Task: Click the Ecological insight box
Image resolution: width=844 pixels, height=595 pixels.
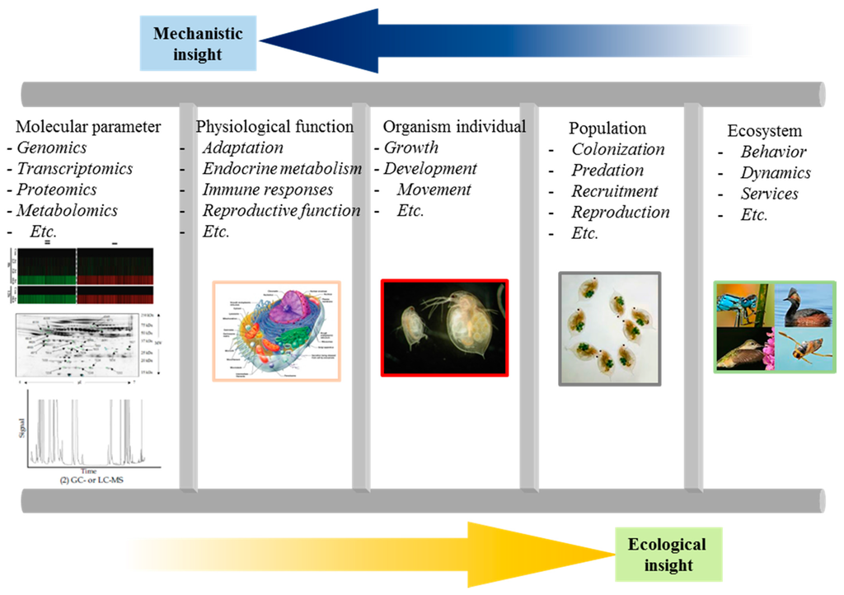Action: click(667, 555)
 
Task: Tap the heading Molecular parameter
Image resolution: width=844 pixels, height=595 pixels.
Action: click(89, 127)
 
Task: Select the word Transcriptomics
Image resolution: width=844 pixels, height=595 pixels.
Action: click(75, 168)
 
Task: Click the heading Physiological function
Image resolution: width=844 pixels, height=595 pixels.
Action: click(274, 127)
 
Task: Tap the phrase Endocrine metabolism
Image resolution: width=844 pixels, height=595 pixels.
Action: click(282, 168)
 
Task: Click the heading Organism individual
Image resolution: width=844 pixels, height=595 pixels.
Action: click(454, 127)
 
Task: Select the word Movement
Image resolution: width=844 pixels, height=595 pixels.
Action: click(434, 190)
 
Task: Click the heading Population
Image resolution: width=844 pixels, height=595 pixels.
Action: click(607, 129)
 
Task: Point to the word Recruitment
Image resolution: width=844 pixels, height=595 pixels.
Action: click(615, 191)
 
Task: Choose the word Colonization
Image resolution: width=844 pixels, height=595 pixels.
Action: click(618, 149)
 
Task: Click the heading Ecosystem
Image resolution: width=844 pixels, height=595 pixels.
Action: click(764, 131)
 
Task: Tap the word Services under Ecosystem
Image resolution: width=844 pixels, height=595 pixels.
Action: click(769, 194)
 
